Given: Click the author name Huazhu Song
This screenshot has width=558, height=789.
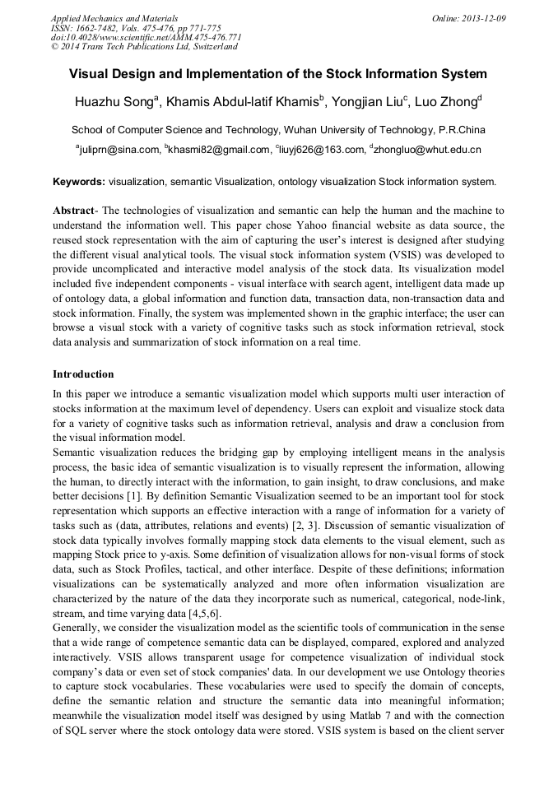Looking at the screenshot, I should click(114, 103).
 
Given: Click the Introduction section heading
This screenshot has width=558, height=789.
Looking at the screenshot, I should click(83, 374).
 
